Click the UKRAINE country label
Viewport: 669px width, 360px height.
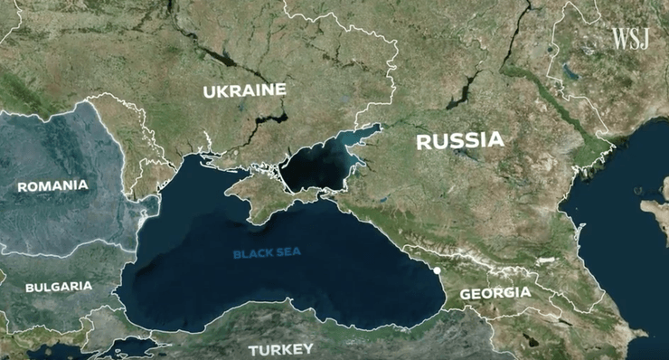coord(244,90)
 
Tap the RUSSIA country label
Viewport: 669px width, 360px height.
coord(459,140)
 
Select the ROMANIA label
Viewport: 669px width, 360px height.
coord(53,185)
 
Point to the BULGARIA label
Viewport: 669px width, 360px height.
coord(58,286)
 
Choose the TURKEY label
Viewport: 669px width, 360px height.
coord(281,348)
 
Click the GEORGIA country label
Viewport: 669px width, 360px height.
coord(495,294)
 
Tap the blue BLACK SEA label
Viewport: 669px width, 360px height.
coord(267,253)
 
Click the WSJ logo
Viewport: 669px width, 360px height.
coord(630,38)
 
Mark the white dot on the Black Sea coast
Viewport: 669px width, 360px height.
coord(436,270)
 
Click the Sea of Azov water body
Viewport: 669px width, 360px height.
coord(316,167)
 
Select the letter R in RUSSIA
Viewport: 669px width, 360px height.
coord(423,140)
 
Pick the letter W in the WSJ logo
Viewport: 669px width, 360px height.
coord(619,38)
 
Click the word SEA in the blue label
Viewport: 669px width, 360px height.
coord(289,253)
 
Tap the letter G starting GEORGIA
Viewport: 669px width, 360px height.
coord(466,294)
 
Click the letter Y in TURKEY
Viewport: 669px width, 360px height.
coord(308,348)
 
